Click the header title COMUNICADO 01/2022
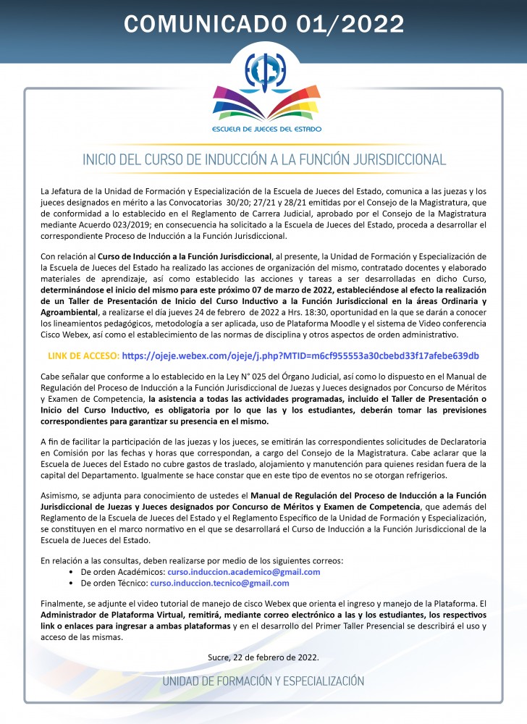pyautogui.click(x=263, y=24)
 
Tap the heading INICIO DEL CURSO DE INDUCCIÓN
pyautogui.click(x=263, y=159)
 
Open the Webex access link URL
pyautogui.click(x=300, y=356)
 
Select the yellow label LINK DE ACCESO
pyautogui.click(x=83, y=356)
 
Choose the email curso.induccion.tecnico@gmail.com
pyautogui.click(x=219, y=583)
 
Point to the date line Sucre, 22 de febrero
pyautogui.click(x=263, y=657)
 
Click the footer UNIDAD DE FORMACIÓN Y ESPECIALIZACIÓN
pyautogui.click(x=263, y=681)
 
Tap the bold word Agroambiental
pyautogui.click(x=71, y=311)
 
